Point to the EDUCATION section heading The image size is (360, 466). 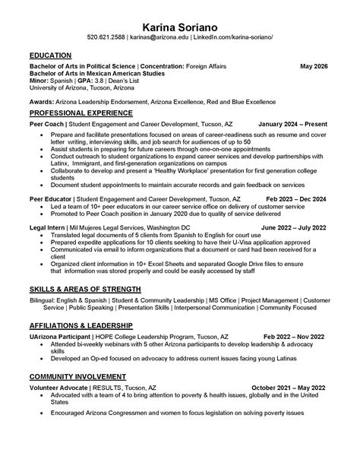click(x=50, y=55)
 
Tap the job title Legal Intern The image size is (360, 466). click(x=47, y=227)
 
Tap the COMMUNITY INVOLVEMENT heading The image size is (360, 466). click(x=77, y=376)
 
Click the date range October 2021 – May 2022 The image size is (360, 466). click(x=288, y=387)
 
